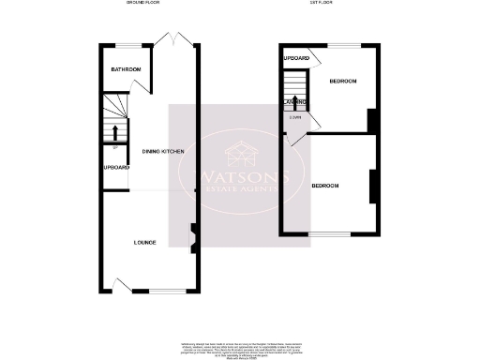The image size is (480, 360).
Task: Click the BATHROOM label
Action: (x=126, y=69)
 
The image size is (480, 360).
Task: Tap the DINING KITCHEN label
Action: (x=150, y=151)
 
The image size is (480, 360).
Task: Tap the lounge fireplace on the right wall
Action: (x=193, y=237)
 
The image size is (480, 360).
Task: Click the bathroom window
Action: (x=126, y=46)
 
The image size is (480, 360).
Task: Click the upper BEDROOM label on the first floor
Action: (x=343, y=82)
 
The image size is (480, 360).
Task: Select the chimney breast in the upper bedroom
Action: (x=373, y=120)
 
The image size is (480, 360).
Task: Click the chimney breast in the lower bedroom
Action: (x=373, y=186)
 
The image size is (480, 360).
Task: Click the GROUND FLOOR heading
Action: (x=143, y=4)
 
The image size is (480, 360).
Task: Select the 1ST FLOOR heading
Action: (x=322, y=4)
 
